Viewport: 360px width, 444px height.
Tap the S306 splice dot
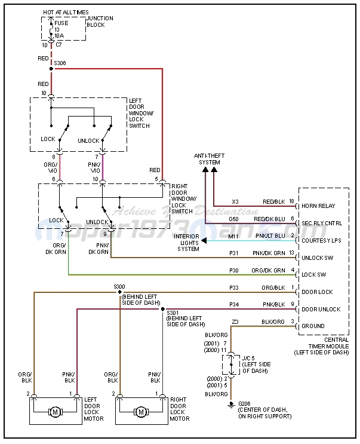(51, 69)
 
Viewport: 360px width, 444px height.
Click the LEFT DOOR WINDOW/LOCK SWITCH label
(141, 113)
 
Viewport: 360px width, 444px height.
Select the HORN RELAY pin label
(319, 206)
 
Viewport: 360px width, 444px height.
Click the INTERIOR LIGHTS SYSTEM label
(186, 243)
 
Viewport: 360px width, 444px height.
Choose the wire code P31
(234, 253)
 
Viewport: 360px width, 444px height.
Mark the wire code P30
(234, 270)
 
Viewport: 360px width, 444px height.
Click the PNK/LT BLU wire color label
(270, 236)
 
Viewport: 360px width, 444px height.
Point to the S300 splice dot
(120, 293)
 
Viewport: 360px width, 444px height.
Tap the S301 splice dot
(162, 310)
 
